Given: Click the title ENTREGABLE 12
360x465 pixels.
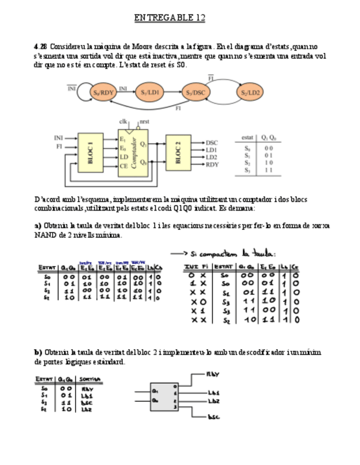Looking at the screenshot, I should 169,18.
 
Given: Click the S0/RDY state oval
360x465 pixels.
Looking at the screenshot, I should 104,93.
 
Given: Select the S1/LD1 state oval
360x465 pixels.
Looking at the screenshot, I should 150,93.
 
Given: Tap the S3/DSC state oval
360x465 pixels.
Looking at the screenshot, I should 195,93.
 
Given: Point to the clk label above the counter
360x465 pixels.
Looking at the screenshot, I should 123,122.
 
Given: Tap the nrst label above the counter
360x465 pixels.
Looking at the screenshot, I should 145,122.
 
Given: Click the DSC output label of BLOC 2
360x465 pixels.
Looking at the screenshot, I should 212,143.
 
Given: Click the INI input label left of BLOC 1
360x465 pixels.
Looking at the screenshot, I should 59,138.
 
